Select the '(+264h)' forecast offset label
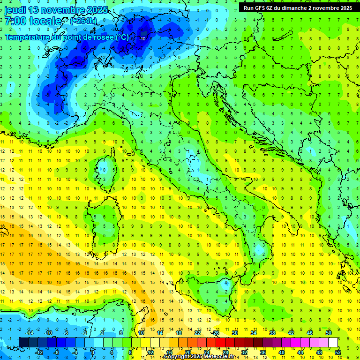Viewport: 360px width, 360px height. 83,21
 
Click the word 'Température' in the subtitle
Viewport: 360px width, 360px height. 26,37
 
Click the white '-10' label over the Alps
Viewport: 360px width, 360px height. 142,38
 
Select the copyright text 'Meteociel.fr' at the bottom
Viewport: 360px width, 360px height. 219,357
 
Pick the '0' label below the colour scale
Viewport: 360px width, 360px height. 93,352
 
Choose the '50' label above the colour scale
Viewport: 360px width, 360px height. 329,333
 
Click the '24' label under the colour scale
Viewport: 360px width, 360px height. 207,352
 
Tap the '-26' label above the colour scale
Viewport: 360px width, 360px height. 216,333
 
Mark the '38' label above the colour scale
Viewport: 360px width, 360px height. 272,333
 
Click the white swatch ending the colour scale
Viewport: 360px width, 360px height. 333,342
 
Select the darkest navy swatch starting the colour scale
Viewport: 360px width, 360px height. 23,342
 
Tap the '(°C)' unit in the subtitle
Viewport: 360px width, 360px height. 122,37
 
